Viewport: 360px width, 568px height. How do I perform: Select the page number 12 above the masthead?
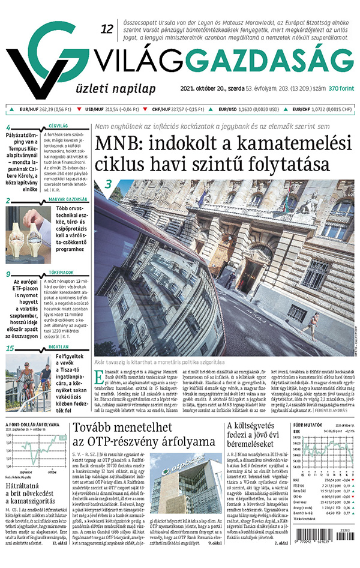(x=107, y=28)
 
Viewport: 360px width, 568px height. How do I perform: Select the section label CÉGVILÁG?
(x=58, y=127)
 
